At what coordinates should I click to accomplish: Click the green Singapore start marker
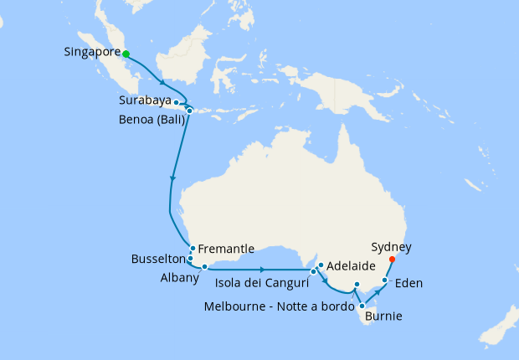pos(126,54)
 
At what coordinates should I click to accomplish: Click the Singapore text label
pos(92,53)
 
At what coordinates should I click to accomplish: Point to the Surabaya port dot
pos(176,103)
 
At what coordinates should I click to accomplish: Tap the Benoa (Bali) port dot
pos(190,111)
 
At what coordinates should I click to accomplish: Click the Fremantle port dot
pos(193,248)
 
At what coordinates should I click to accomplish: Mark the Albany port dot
pos(204,267)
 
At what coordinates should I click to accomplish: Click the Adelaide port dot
pos(320,265)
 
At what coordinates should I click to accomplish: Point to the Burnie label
pos(382,316)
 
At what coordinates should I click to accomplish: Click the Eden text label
pos(409,283)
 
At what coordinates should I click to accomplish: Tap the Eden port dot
pos(385,280)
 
